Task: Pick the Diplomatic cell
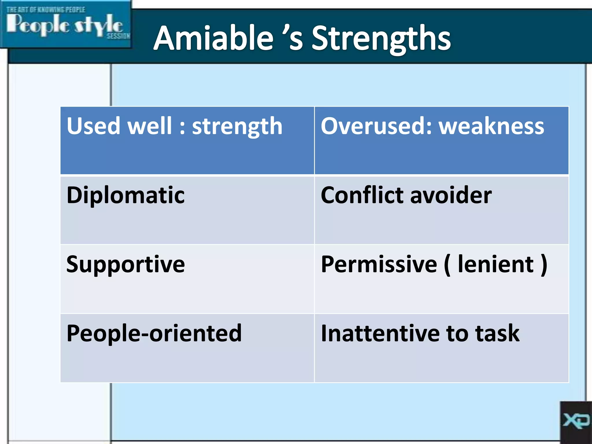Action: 125,195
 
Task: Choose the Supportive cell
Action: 125,264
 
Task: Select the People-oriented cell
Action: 154,333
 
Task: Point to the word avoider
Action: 451,196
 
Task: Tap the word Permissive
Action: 379,264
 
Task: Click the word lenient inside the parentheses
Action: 495,264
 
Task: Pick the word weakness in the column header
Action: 491,127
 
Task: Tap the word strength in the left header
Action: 237,127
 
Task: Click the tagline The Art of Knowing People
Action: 46,10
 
